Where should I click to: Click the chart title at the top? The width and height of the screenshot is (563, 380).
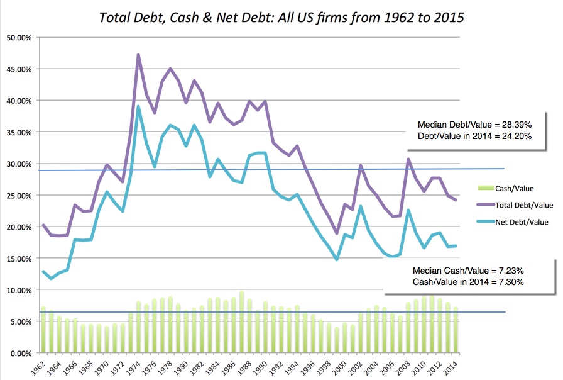[x=281, y=17]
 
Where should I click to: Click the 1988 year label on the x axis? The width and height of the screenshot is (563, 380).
[x=249, y=368]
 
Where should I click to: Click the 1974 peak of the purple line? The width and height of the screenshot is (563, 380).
[x=138, y=55]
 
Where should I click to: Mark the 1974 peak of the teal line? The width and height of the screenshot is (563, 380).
[x=138, y=106]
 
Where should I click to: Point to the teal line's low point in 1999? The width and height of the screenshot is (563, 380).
[x=337, y=259]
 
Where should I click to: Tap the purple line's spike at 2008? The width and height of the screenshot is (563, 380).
[x=408, y=159]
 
